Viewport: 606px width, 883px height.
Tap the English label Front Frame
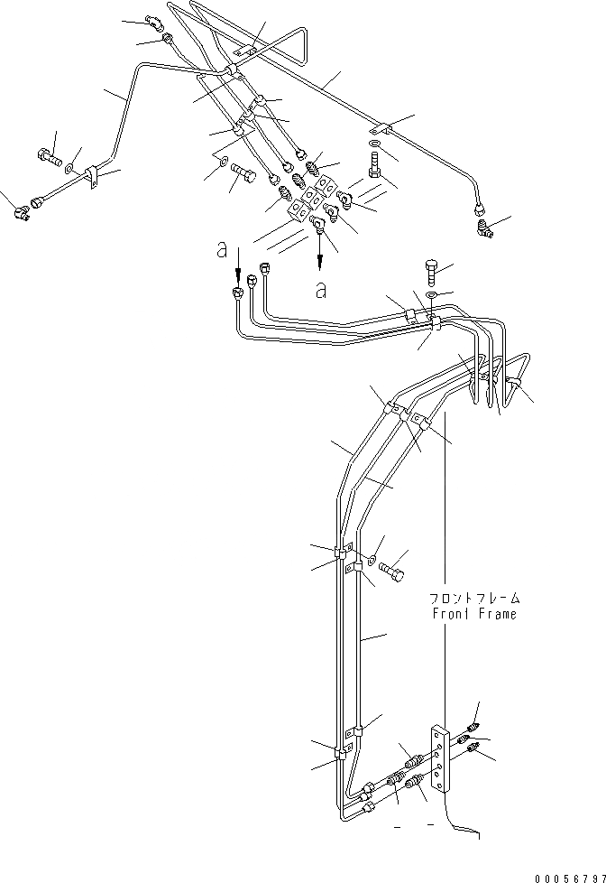click(474, 614)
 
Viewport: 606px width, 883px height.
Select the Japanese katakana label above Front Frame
click(474, 598)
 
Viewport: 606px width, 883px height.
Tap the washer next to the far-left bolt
click(70, 166)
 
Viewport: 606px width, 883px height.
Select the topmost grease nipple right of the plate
click(473, 724)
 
